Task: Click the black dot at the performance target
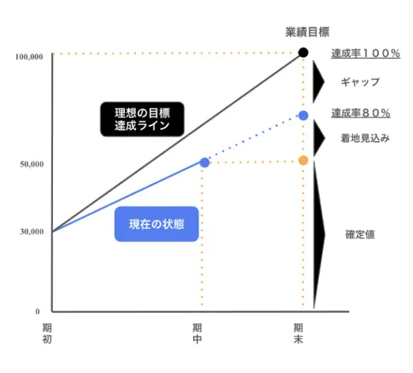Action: (x=303, y=52)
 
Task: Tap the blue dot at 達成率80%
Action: (x=303, y=116)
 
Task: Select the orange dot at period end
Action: (x=303, y=160)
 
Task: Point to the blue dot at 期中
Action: (x=204, y=162)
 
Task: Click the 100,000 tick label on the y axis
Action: (x=29, y=57)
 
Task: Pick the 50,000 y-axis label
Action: (x=32, y=164)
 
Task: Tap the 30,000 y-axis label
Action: (x=32, y=231)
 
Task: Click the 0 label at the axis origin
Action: (x=38, y=311)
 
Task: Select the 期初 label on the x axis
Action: (x=47, y=333)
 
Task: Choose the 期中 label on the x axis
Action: (x=197, y=333)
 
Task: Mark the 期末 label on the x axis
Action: (x=298, y=333)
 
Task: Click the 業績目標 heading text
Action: (x=307, y=32)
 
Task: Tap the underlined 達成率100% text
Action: (x=366, y=54)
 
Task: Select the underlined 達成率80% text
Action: (x=361, y=113)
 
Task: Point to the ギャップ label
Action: (x=360, y=82)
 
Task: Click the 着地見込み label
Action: (x=365, y=138)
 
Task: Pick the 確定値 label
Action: (x=360, y=234)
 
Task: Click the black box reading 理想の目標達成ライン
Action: (x=142, y=119)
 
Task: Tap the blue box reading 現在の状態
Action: (x=157, y=224)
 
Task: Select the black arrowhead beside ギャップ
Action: (x=318, y=82)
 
